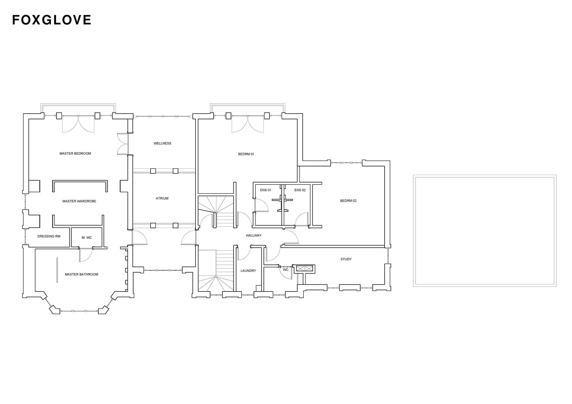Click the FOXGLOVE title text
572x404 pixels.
tap(52, 20)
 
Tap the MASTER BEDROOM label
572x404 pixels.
tap(75, 153)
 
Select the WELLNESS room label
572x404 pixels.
tap(162, 143)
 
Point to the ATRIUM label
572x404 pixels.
tap(162, 198)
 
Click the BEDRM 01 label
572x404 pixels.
tap(246, 154)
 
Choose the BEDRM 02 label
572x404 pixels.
tap(348, 201)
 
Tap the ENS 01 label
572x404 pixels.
tap(266, 190)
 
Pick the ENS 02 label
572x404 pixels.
tap(300, 190)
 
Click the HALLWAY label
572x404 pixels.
tap(254, 235)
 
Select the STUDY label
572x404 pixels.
tap(346, 259)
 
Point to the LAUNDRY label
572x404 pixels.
tap(248, 271)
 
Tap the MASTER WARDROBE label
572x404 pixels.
tap(79, 201)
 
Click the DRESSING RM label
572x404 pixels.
tap(49, 236)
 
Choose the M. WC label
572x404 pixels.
tap(87, 238)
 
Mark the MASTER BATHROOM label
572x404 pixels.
tap(82, 275)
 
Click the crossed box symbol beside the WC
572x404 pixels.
tap(304, 268)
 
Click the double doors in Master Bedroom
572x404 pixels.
tap(78, 124)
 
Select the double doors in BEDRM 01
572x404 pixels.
tap(247, 124)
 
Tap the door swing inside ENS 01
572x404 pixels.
tap(261, 205)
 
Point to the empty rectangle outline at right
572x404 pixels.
tap(484, 230)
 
